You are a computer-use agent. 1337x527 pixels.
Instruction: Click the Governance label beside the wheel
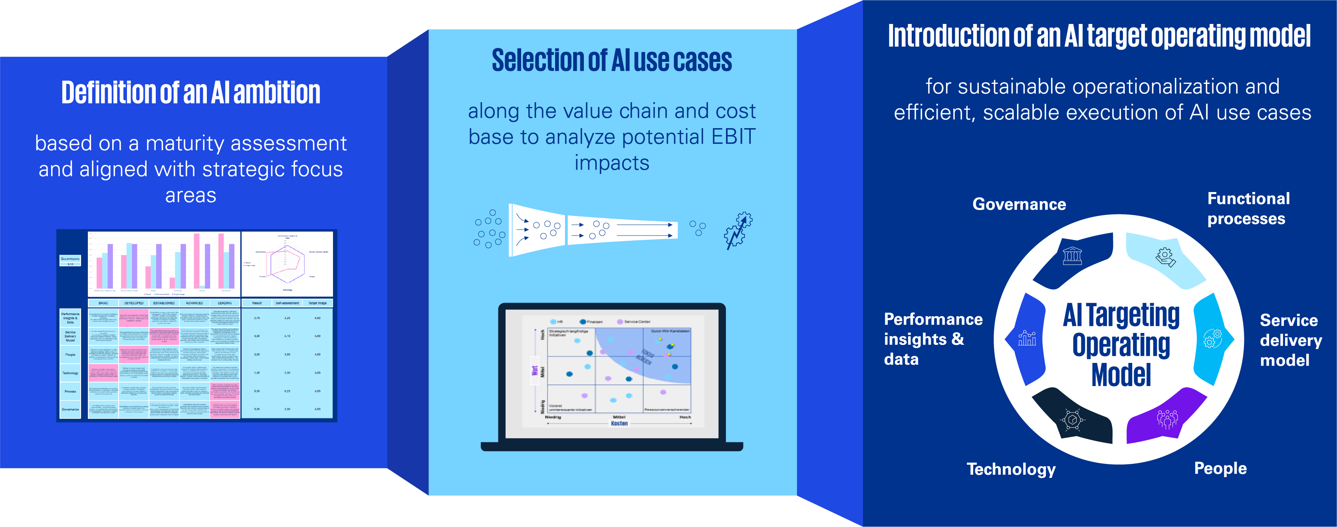click(x=1019, y=204)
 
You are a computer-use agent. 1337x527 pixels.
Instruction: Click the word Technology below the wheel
click(x=1010, y=470)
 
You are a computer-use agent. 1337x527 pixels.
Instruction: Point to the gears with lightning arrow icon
click(x=738, y=230)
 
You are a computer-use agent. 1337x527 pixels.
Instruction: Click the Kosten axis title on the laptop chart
click(x=619, y=424)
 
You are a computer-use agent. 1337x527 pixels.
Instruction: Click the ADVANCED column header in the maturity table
click(x=194, y=303)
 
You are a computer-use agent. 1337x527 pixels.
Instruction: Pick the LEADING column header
click(x=225, y=303)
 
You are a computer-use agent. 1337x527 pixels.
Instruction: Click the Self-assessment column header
click(x=287, y=303)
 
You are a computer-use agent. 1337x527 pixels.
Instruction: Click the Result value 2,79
click(x=257, y=318)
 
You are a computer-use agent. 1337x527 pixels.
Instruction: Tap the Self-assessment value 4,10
click(x=287, y=336)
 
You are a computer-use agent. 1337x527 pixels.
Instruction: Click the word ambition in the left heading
click(x=277, y=93)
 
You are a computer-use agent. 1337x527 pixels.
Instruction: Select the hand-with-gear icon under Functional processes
click(x=1166, y=257)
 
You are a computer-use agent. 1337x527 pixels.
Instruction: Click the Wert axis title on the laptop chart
click(x=535, y=370)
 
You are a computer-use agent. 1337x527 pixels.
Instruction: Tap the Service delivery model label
click(x=1290, y=340)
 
